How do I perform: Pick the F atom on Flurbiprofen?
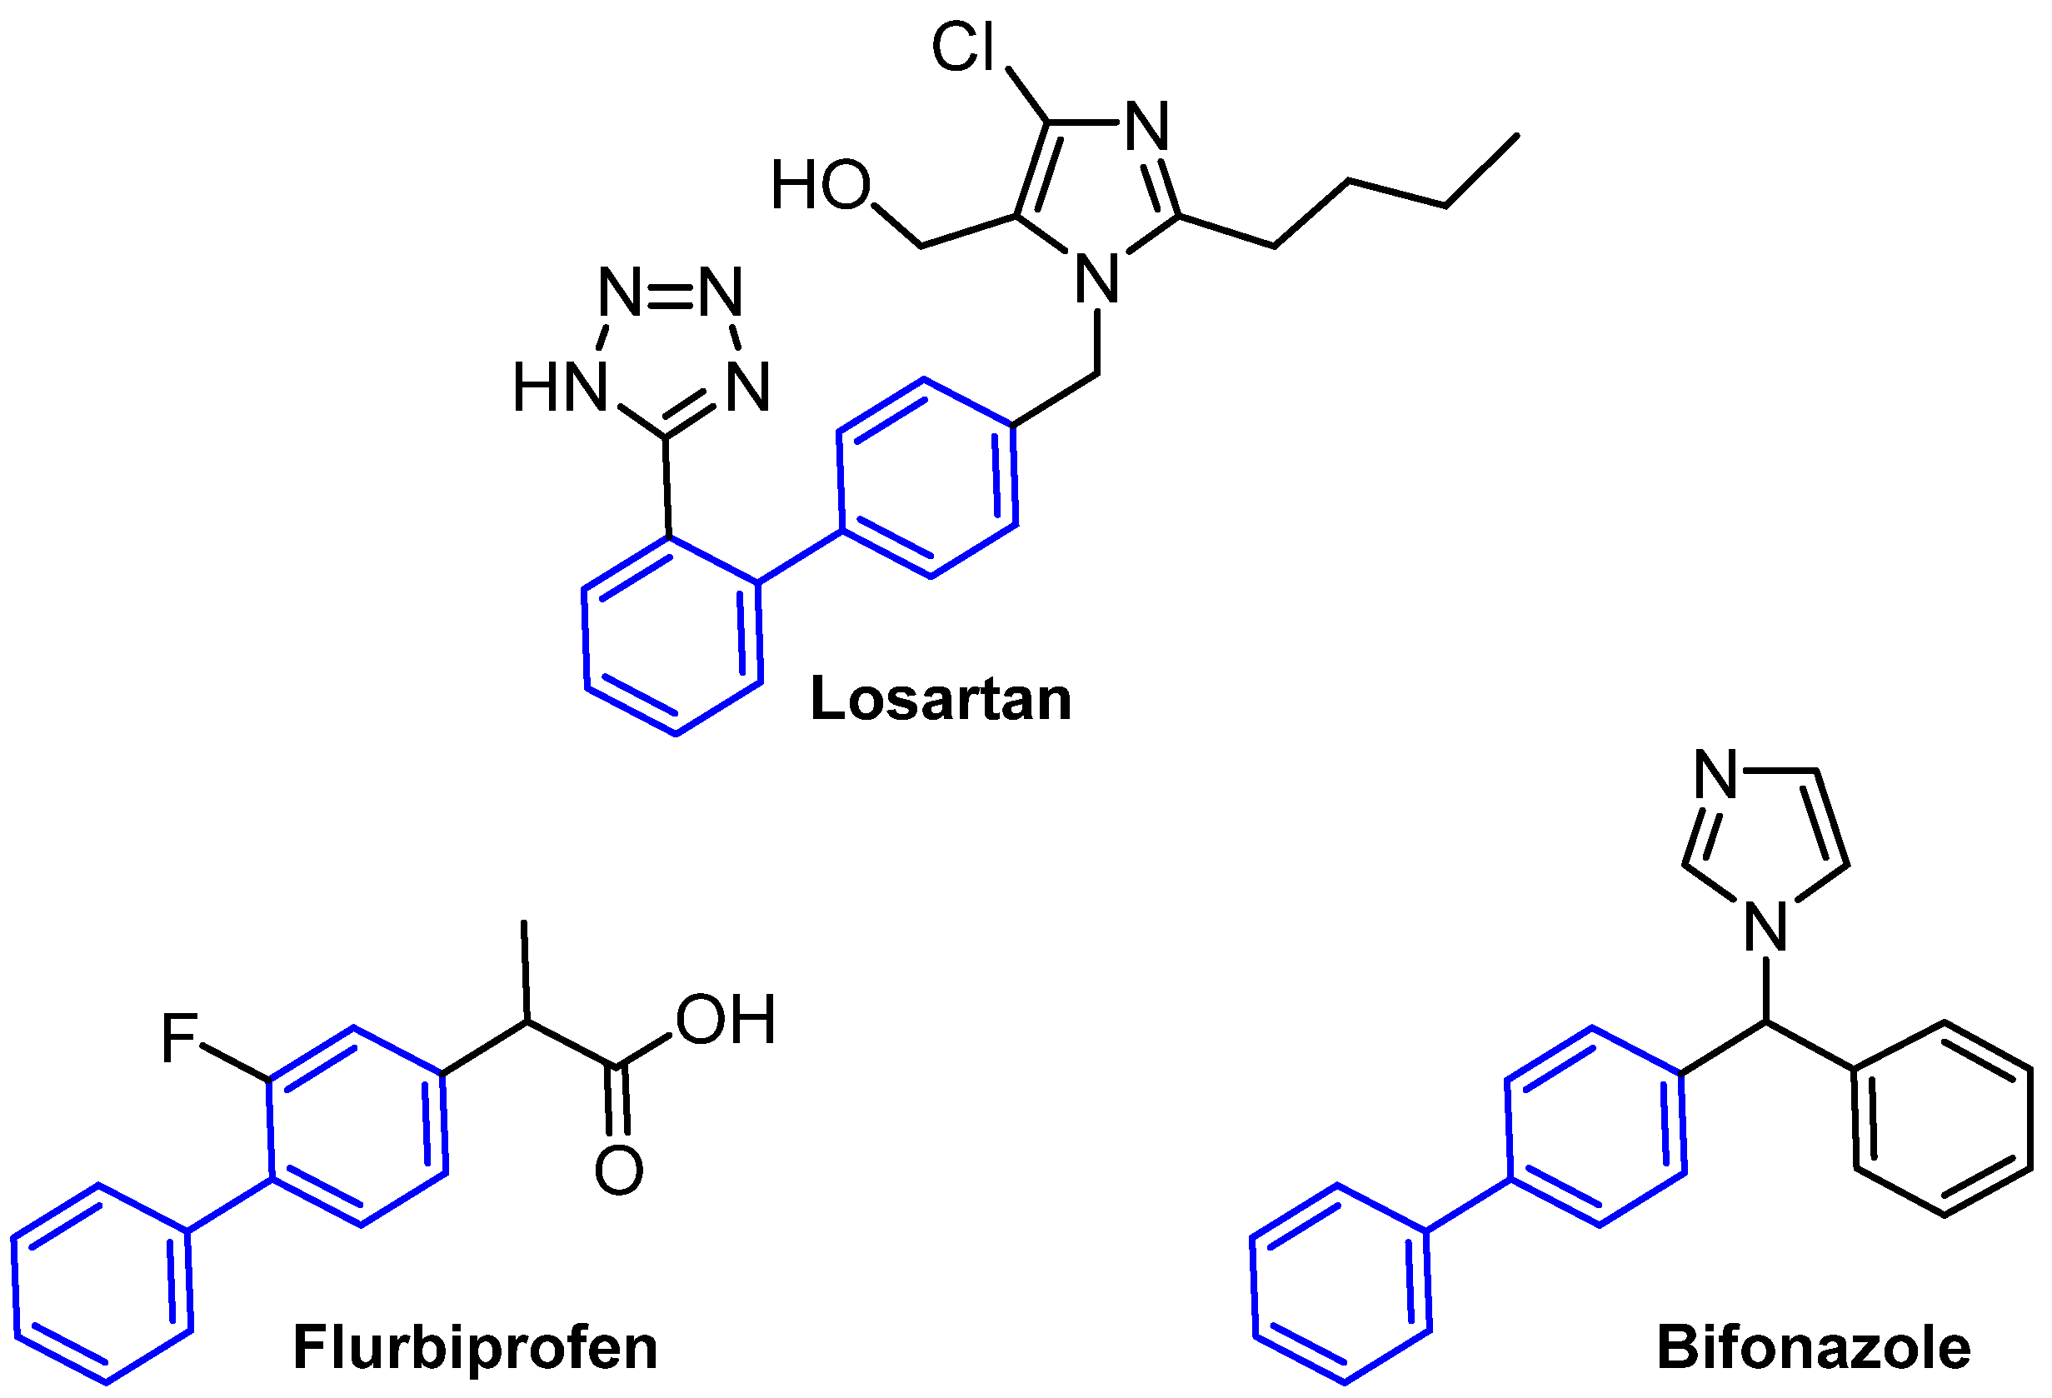click(179, 1039)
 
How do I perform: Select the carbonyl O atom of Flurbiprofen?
click(618, 1171)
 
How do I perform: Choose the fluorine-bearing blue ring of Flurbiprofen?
click(357, 1126)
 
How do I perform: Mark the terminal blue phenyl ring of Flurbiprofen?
click(102, 1283)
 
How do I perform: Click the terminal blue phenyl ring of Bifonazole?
click(1341, 1283)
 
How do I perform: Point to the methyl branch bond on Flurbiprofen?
click(526, 971)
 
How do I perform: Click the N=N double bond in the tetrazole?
click(670, 292)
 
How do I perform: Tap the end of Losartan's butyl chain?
click(1517, 136)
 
